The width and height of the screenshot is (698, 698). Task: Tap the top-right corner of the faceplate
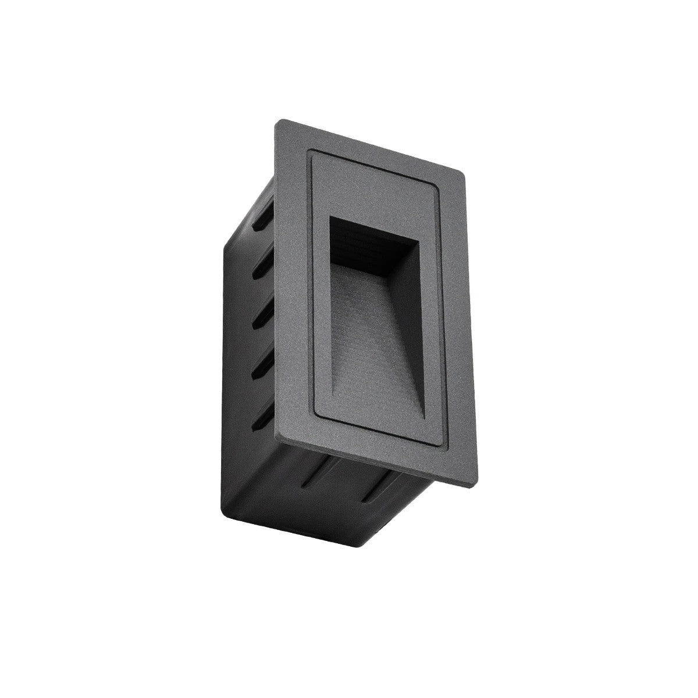point(463,174)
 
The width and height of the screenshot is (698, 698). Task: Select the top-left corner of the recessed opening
point(329,216)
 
